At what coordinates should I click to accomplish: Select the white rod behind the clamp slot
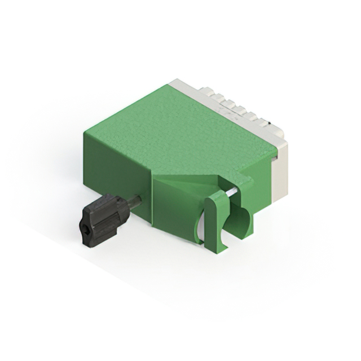pyautogui.click(x=232, y=192)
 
